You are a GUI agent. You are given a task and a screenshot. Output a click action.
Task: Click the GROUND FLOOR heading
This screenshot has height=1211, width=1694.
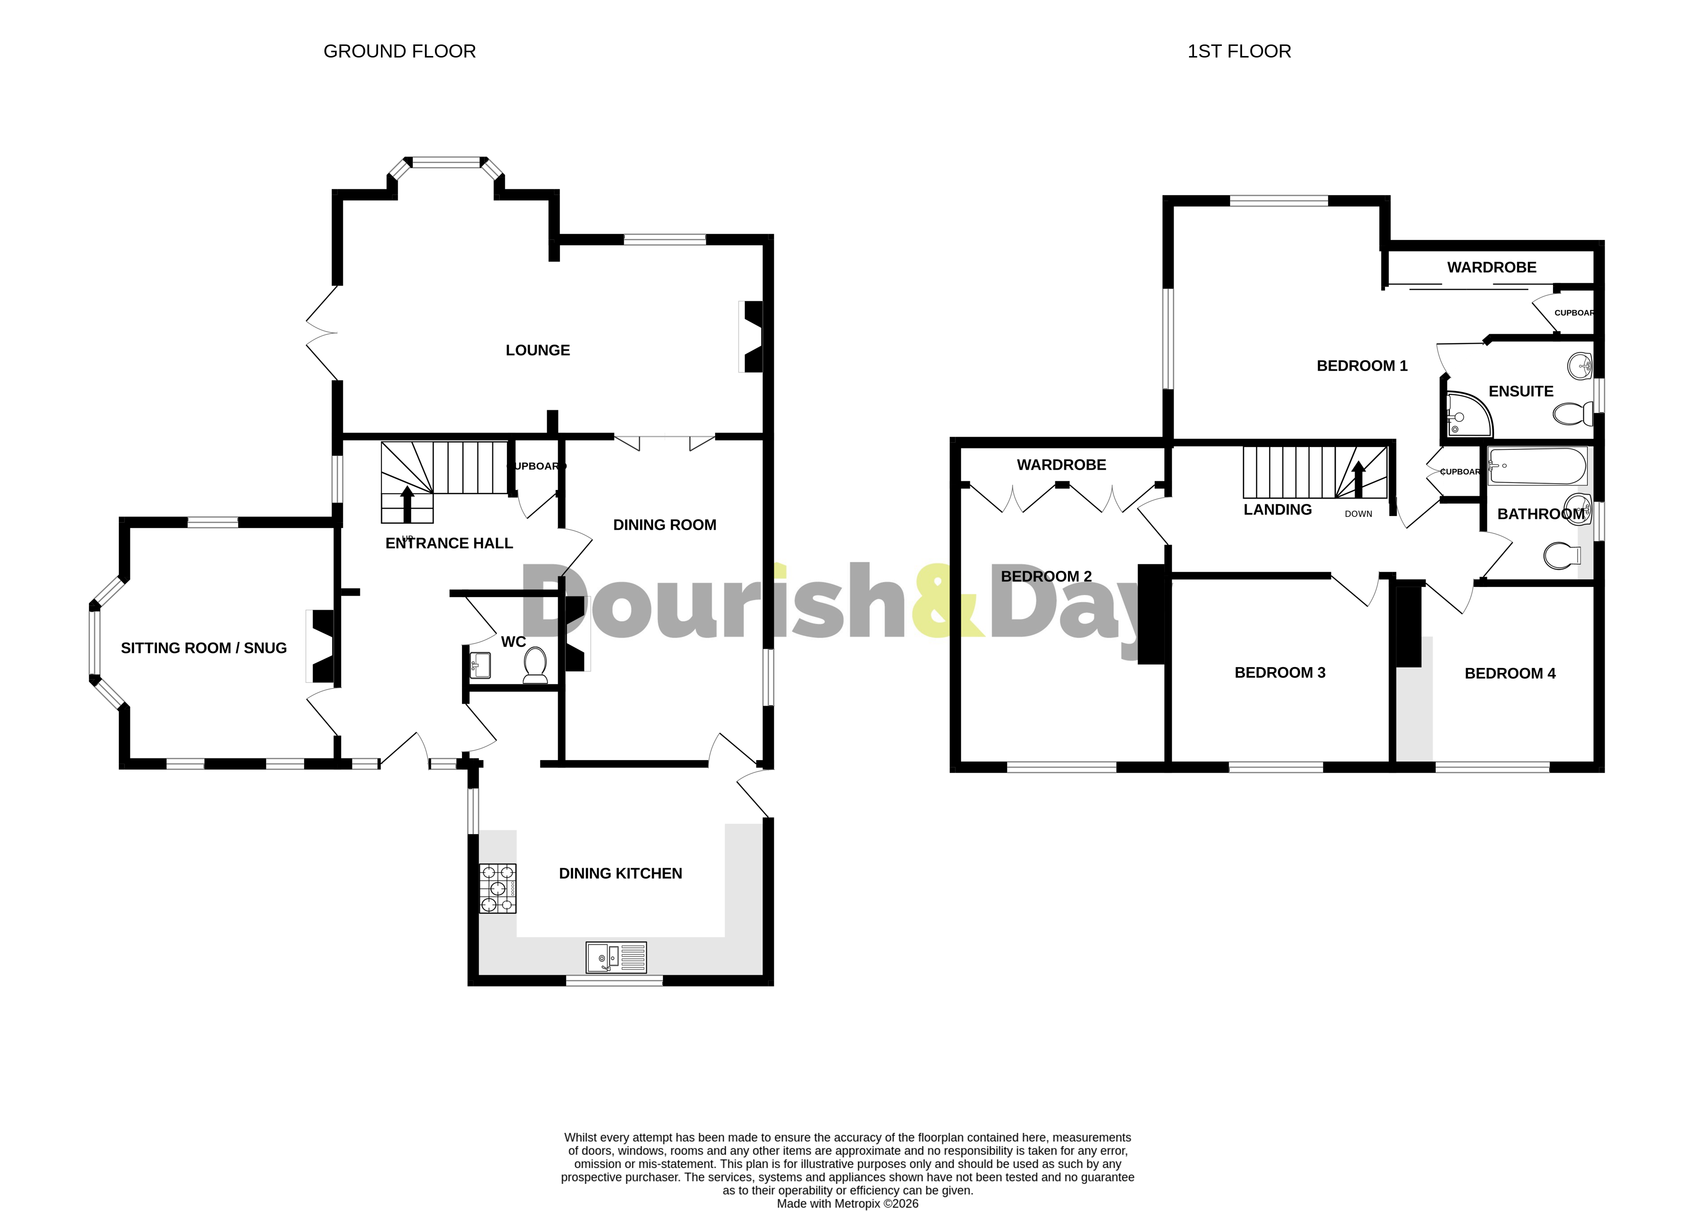(x=399, y=52)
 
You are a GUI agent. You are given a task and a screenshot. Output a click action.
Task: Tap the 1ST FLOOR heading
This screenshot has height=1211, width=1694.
(x=1239, y=52)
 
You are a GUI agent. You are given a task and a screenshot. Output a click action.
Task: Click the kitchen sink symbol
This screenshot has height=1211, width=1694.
(x=616, y=958)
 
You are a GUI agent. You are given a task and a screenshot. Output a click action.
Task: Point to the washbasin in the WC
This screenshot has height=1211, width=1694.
(x=480, y=665)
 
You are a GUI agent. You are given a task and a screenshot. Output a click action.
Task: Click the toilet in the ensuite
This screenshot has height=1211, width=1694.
(x=1572, y=414)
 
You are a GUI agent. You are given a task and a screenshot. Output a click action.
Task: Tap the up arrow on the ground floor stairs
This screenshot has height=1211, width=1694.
(x=407, y=504)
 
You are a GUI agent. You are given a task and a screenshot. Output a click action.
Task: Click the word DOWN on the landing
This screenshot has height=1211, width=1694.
(x=1358, y=514)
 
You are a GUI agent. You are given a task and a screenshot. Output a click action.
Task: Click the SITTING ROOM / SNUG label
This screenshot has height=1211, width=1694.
(x=204, y=648)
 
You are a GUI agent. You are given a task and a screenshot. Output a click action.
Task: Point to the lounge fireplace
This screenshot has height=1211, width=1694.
(x=752, y=336)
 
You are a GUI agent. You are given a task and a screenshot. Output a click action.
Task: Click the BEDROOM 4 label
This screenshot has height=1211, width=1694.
(x=1510, y=673)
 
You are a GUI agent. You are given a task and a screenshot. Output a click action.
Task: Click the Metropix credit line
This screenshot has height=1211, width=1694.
(x=847, y=1203)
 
